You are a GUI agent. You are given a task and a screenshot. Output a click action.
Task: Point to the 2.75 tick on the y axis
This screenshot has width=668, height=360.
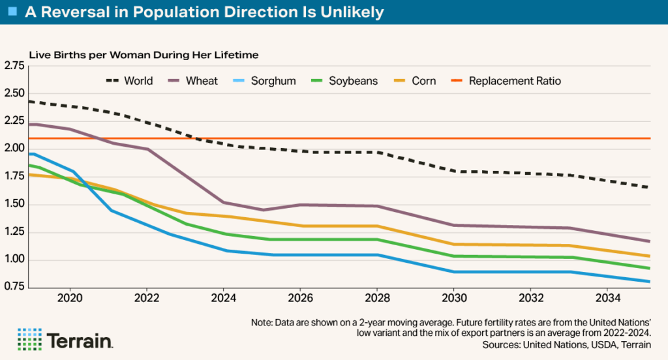14,66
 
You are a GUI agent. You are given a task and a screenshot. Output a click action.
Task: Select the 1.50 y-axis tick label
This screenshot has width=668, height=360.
14,205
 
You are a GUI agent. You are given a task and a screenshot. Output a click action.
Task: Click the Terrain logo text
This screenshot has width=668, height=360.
81,341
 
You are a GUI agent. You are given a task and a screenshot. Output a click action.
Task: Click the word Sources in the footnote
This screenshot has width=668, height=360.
502,344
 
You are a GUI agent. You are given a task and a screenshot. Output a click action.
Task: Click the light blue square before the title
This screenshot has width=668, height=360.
12,12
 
